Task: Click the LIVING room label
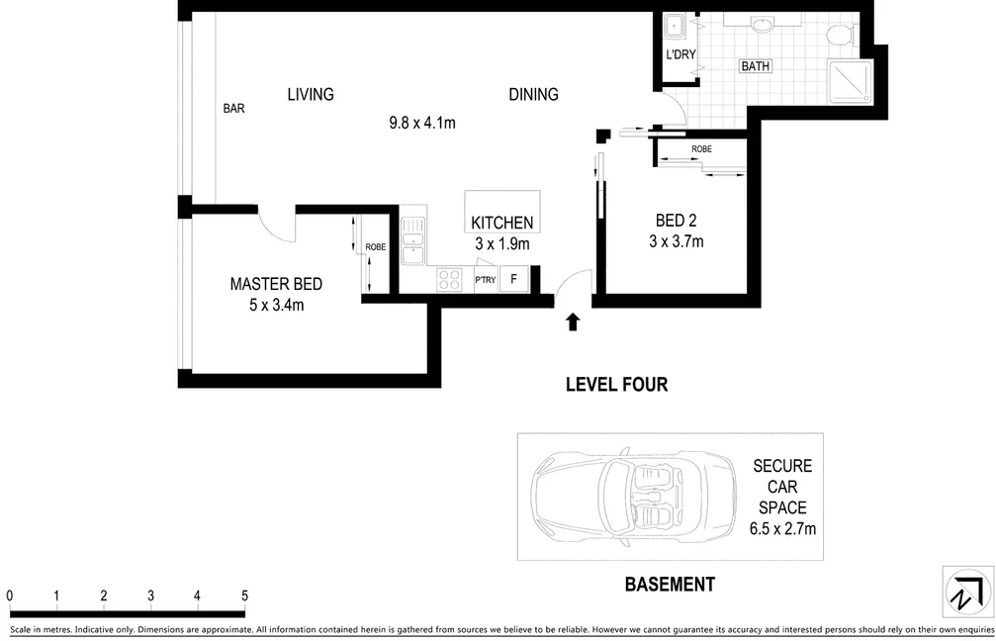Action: pyautogui.click(x=310, y=95)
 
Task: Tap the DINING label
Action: pyautogui.click(x=533, y=95)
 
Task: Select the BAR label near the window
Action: pyautogui.click(x=233, y=109)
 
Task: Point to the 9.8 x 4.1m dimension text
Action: pyautogui.click(x=422, y=123)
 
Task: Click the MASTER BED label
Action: pyautogui.click(x=276, y=284)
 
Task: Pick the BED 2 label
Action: pyautogui.click(x=676, y=221)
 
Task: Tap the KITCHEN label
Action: pyautogui.click(x=501, y=223)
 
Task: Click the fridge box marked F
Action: pyautogui.click(x=514, y=280)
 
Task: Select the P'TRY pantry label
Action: pyautogui.click(x=486, y=280)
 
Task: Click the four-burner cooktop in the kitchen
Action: pyautogui.click(x=449, y=280)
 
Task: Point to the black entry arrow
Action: pyautogui.click(x=573, y=321)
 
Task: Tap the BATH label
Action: pyautogui.click(x=756, y=66)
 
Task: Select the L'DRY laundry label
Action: pyautogui.click(x=680, y=54)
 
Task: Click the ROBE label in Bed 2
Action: pyautogui.click(x=702, y=148)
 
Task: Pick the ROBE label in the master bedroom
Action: pyautogui.click(x=376, y=246)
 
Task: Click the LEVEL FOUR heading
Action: pyautogui.click(x=617, y=385)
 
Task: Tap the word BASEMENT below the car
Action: pyautogui.click(x=671, y=585)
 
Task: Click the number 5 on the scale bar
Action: pyautogui.click(x=244, y=595)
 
